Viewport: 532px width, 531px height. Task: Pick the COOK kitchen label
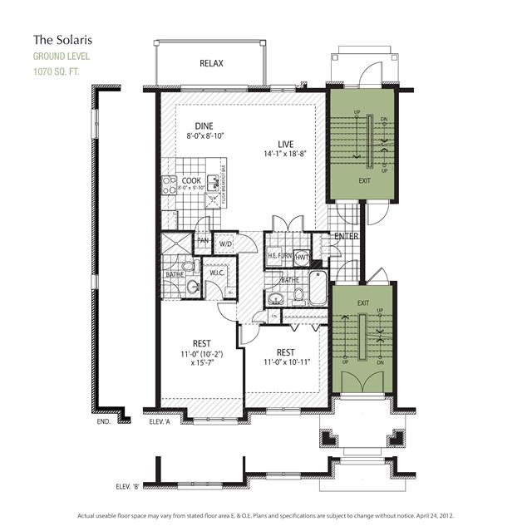tap(191, 180)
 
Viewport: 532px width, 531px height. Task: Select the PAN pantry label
tap(202, 242)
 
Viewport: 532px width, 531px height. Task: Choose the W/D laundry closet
tap(224, 243)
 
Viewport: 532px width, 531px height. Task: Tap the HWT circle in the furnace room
tap(303, 258)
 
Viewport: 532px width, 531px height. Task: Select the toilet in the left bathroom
tap(190, 266)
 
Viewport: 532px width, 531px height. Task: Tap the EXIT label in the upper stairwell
tap(364, 179)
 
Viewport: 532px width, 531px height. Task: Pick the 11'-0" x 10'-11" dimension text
tap(287, 362)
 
